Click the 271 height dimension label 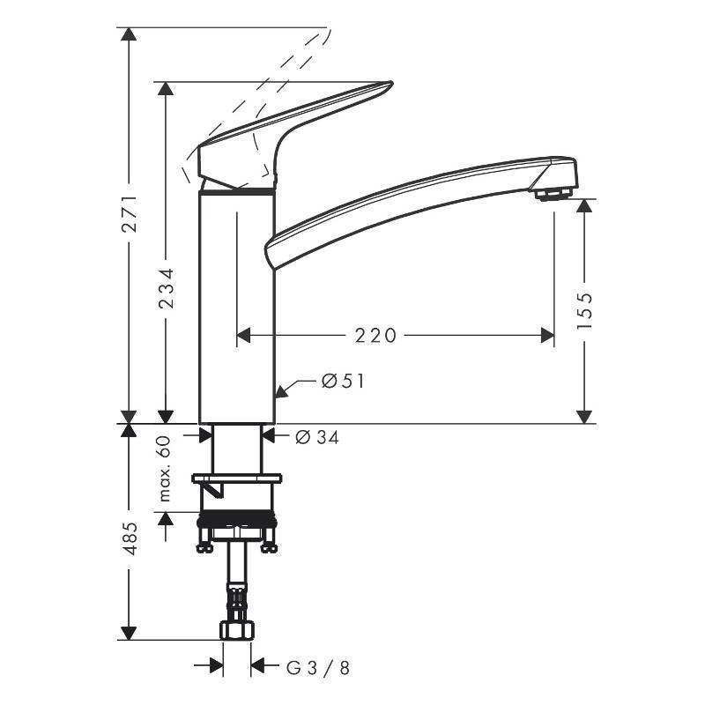[129, 213]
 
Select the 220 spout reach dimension [376, 335]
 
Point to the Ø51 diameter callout [343, 382]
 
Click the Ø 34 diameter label [317, 435]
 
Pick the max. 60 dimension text [165, 469]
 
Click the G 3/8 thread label [318, 667]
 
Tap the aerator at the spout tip [553, 191]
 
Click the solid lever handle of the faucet [291, 132]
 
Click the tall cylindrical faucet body [236, 308]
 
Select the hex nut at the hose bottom [236, 630]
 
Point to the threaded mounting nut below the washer [236, 521]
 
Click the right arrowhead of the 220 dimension [548, 335]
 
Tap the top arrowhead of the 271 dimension [129, 34]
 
